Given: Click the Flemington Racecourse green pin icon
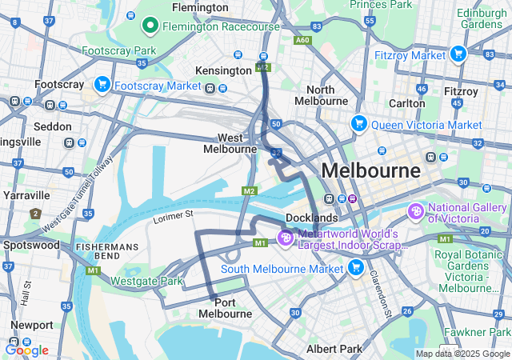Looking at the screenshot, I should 150,26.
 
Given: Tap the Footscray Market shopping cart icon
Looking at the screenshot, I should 102,84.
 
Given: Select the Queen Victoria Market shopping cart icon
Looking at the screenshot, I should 358,124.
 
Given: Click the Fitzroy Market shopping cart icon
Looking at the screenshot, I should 458,54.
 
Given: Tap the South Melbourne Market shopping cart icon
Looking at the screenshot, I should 356,267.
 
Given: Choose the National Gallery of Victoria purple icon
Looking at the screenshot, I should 415,212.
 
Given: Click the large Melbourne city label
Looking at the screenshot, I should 370,170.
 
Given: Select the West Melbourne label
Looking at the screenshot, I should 229,143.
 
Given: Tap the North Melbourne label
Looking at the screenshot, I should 321,95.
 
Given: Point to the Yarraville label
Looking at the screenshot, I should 27,194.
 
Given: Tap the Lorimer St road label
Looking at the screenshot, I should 174,215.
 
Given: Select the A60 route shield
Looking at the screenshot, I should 302,39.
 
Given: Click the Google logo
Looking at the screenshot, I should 26,350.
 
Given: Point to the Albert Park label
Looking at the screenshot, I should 334,349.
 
